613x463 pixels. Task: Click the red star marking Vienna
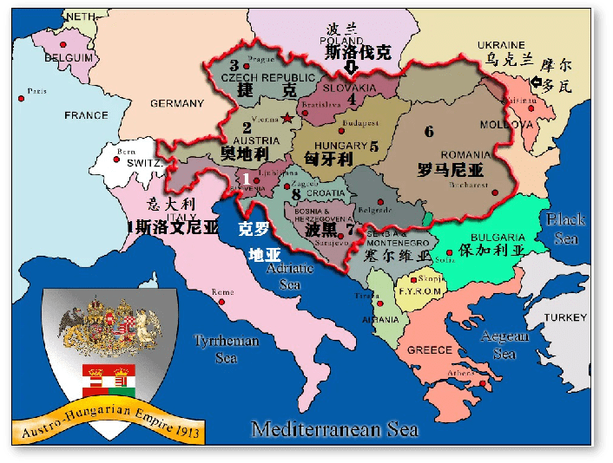(287, 118)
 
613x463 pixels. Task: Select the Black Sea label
(566, 228)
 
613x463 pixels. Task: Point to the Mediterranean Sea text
(334, 429)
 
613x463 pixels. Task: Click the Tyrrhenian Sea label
(226, 349)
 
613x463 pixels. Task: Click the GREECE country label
(429, 350)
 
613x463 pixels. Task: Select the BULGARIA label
(498, 237)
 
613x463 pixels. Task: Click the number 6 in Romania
(428, 132)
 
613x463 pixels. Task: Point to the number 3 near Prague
(234, 65)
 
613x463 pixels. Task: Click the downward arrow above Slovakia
(351, 68)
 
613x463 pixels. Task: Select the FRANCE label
(85, 115)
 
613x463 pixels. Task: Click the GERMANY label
(176, 104)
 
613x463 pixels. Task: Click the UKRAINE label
(501, 44)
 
